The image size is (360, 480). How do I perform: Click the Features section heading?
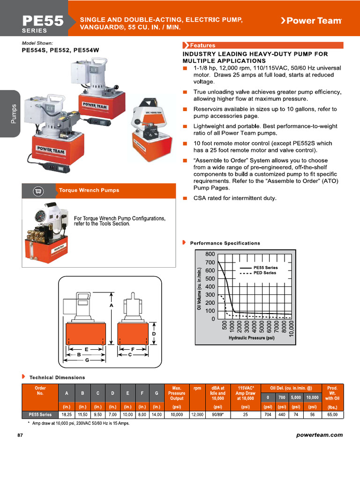coord(202,45)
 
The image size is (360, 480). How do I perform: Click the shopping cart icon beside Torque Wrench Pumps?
coord(38,191)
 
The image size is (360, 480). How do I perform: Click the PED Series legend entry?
coord(264,273)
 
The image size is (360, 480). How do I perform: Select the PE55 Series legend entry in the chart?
coord(265,268)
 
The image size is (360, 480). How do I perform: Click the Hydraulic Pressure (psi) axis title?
coord(251,337)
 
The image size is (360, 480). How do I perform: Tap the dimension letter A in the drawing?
coord(111,306)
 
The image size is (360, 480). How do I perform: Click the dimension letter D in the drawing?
coord(154,333)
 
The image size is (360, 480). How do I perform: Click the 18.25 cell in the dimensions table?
coord(66,415)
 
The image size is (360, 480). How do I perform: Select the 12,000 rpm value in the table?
coord(197,415)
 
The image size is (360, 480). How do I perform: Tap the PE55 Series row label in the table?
coord(40,415)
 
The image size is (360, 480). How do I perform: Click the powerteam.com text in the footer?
coord(320,435)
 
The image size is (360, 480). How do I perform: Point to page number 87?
coord(20,435)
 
